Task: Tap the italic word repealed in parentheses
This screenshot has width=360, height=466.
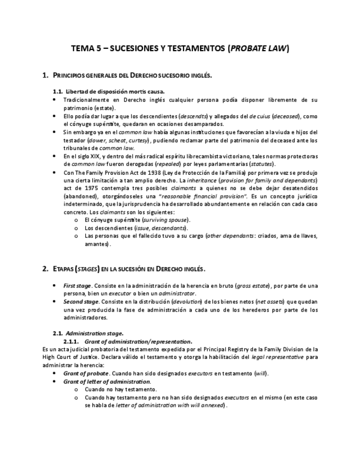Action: (171, 164)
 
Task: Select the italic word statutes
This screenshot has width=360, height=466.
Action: (262, 164)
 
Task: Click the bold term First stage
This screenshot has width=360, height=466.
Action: (77, 286)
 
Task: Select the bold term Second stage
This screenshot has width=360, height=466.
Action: (81, 302)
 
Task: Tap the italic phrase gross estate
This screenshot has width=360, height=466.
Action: (252, 286)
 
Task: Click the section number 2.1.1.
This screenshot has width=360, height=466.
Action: (73, 341)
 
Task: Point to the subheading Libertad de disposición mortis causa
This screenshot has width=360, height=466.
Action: (115, 91)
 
